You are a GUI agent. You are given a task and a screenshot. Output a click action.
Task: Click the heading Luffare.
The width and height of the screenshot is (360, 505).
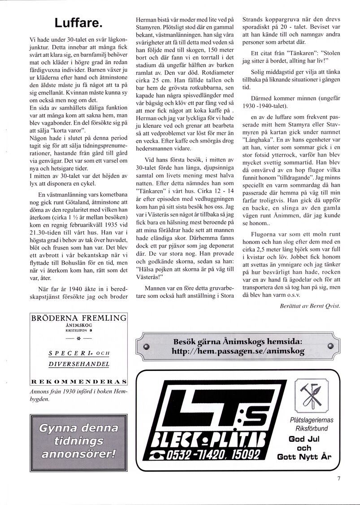click(x=78, y=22)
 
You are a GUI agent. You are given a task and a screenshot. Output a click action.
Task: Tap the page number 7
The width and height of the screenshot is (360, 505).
click(x=339, y=479)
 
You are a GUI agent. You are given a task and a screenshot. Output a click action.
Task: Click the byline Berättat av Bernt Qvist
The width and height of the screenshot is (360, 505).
click(x=309, y=306)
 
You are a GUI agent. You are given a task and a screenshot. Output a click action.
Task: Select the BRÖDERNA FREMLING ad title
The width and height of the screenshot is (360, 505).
click(x=78, y=318)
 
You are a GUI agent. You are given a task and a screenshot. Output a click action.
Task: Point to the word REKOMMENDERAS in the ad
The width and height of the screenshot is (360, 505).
click(x=78, y=382)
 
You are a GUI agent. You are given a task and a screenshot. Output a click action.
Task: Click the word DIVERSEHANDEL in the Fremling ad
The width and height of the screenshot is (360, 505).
click(x=78, y=363)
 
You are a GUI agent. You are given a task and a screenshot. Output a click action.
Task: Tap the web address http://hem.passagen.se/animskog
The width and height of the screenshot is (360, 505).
click(x=238, y=351)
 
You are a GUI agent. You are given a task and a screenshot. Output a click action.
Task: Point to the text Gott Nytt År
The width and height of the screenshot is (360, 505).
click(x=304, y=457)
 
